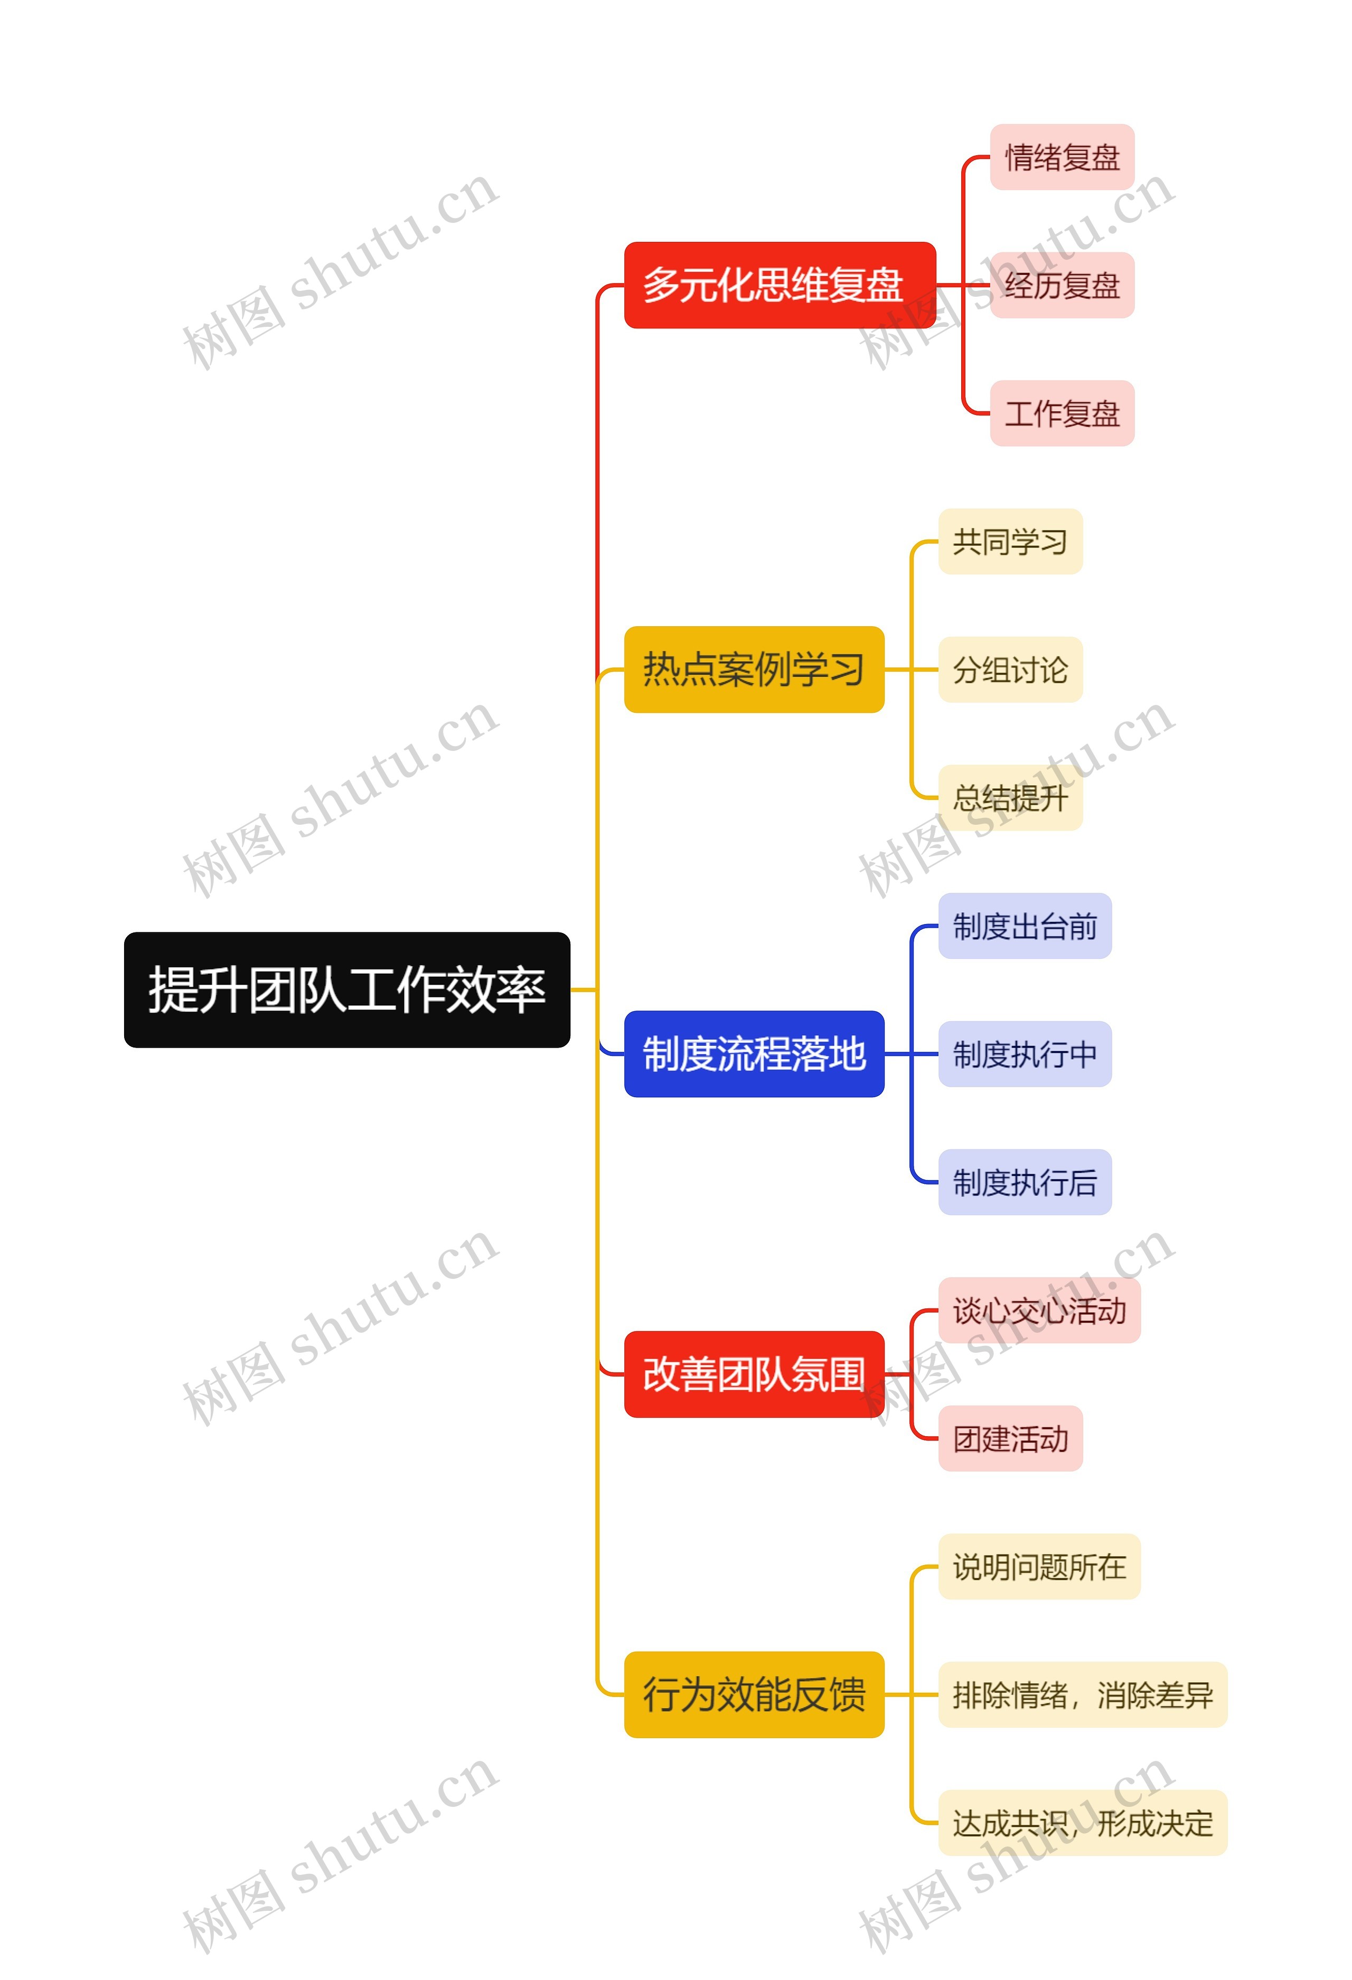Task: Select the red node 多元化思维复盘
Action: [x=780, y=285]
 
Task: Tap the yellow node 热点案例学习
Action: [x=754, y=669]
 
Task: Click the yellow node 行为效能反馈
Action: [x=754, y=1694]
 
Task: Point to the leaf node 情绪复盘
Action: [x=1062, y=157]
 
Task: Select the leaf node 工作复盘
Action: [x=1062, y=413]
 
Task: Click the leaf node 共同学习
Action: [x=1010, y=541]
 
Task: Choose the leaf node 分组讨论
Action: [x=1010, y=669]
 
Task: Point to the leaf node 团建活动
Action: [x=1010, y=1438]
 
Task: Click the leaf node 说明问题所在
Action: [x=1039, y=1566]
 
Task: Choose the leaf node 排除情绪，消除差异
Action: [x=1082, y=1694]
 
